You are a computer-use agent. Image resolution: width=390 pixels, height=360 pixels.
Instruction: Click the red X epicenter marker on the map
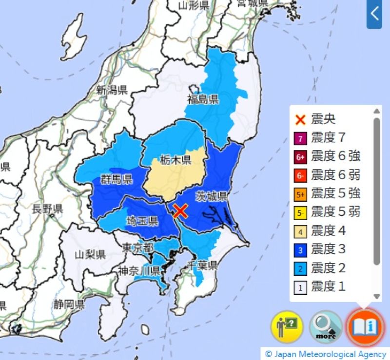coord(180,211)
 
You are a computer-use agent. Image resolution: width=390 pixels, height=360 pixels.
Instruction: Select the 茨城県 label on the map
coord(212,196)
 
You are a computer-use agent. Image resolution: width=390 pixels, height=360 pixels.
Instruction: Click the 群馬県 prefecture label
coord(117,179)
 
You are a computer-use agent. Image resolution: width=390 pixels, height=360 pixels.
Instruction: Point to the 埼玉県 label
coord(142,222)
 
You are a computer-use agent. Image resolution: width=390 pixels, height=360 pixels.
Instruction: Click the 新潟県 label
coord(112,90)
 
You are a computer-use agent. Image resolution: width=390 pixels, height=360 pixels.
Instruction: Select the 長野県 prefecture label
coord(47,209)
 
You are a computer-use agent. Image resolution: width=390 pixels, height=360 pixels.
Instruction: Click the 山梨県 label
coord(90,254)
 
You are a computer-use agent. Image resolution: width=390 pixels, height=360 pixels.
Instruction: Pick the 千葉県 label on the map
coord(202,266)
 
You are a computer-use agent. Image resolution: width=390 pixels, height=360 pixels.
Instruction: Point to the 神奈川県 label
coord(139,271)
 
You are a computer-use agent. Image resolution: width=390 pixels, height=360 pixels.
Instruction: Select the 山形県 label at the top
coord(193,5)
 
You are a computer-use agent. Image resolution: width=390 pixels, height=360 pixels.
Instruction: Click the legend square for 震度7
coord(301,138)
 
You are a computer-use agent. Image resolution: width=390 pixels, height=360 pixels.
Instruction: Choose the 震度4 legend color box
coord(301,231)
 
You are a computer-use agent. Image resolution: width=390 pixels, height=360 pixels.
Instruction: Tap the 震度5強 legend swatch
coord(301,194)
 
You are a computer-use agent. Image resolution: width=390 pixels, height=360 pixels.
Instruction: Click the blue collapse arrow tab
coord(374,14)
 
